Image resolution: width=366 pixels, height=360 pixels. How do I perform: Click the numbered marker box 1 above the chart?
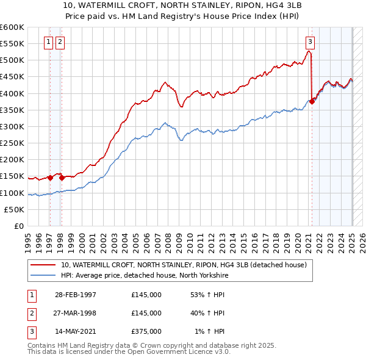click(x=49, y=42)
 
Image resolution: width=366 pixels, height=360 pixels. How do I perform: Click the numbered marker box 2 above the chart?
click(x=60, y=42)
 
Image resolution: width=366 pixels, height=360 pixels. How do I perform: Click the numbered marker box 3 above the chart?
click(x=310, y=42)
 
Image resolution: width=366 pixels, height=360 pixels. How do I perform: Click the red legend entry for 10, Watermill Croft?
click(x=187, y=264)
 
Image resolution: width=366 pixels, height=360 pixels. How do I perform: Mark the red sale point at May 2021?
click(x=312, y=102)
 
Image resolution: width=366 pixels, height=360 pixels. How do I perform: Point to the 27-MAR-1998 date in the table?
click(x=76, y=314)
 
